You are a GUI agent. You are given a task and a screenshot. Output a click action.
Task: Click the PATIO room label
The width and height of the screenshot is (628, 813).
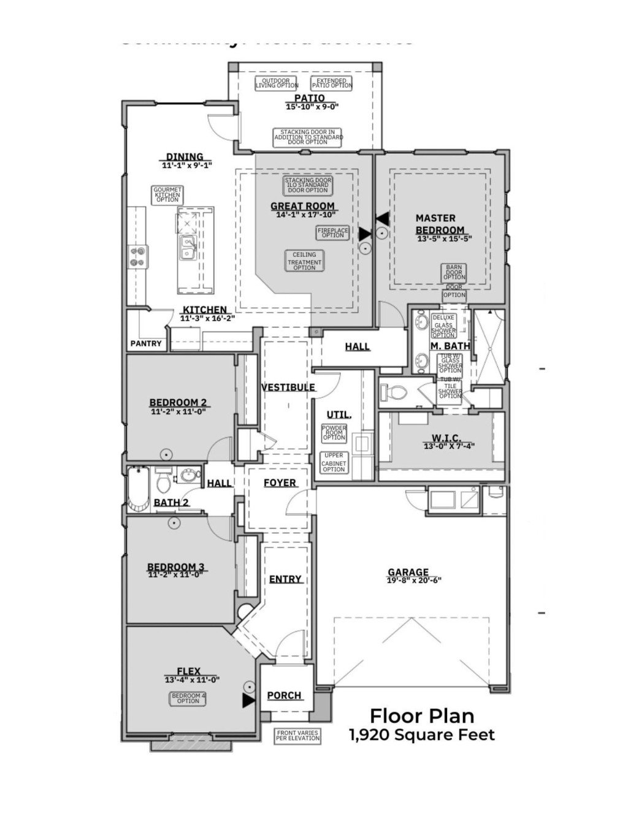(309, 98)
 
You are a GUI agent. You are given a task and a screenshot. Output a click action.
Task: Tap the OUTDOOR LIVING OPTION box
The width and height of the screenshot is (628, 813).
(277, 83)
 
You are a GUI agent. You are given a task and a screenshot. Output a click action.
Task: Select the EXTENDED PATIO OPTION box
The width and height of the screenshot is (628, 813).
(332, 83)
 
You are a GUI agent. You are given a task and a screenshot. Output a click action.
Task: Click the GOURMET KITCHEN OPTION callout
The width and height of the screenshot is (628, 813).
(167, 195)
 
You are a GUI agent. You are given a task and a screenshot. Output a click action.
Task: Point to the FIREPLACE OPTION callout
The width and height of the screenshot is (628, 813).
(332, 232)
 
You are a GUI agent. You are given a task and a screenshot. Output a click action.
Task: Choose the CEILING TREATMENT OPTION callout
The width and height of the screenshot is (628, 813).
(304, 261)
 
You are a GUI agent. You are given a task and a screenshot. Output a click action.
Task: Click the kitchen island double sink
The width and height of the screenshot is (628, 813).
(188, 249)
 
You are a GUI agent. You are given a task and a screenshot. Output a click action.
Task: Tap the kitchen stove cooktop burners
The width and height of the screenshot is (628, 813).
(137, 256)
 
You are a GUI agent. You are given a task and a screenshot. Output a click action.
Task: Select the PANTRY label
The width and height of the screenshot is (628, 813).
(146, 343)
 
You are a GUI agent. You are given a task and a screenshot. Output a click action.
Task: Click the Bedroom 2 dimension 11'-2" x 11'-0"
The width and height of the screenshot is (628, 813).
(178, 412)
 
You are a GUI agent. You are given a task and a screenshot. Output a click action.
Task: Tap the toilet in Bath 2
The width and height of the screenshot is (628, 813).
(163, 482)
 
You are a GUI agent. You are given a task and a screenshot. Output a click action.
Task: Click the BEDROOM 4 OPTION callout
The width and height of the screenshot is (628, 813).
(188, 698)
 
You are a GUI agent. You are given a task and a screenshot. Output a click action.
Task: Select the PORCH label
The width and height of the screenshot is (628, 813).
(285, 695)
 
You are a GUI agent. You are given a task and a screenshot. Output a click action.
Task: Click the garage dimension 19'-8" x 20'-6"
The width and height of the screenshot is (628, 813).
(414, 580)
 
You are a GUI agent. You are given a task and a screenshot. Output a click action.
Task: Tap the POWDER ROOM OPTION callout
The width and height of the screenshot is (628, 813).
(334, 433)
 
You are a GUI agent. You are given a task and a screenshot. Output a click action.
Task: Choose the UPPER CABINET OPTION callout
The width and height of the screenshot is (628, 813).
(334, 462)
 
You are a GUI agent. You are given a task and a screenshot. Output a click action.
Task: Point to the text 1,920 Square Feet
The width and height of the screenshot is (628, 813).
(422, 735)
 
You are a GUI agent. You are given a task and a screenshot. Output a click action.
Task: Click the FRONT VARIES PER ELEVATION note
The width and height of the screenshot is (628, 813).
(298, 736)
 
